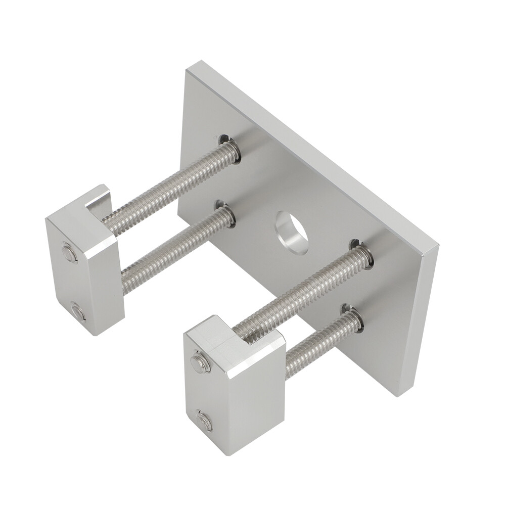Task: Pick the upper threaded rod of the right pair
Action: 298,291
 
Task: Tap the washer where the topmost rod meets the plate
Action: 230,149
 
